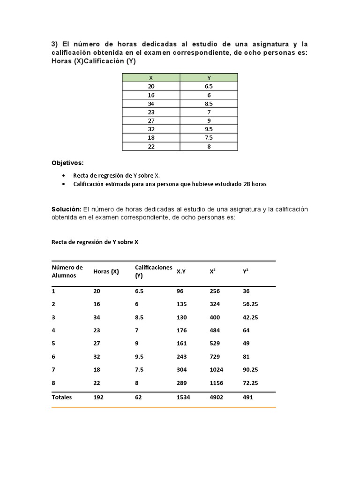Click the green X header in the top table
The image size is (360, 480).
click(151, 78)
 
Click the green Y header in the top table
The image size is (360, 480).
click(209, 78)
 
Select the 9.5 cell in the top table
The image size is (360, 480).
click(209, 129)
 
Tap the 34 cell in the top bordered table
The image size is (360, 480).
click(151, 104)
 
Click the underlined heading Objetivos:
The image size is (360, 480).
click(67, 163)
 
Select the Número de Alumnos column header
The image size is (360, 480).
click(67, 271)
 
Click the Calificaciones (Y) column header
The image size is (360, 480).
click(153, 271)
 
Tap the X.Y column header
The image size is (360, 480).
click(181, 271)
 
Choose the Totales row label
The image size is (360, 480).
click(61, 397)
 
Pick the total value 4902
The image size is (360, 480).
click(217, 397)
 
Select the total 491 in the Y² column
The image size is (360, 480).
click(248, 397)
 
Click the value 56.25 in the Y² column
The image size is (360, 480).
click(250, 304)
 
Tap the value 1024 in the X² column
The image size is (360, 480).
click(217, 370)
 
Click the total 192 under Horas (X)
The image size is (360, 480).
click(98, 397)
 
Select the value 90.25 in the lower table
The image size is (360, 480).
click(250, 370)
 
